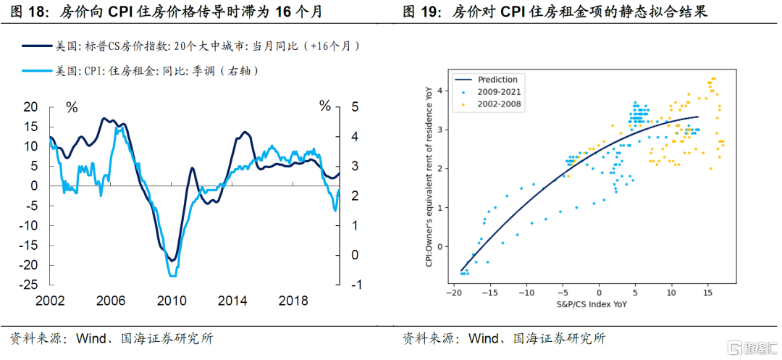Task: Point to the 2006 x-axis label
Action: pos(110,301)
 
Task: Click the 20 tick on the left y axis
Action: pos(30,107)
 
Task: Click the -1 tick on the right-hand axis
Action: pos(354,285)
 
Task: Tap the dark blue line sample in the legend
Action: pos(37,46)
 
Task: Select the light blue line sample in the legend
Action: pos(37,70)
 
